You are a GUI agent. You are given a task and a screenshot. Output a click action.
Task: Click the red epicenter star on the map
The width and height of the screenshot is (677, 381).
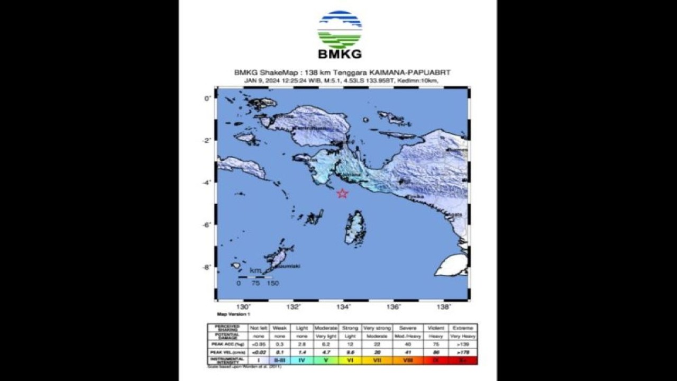(x=342, y=193)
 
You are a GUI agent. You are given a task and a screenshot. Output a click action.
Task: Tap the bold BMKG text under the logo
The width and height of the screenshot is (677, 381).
(x=340, y=54)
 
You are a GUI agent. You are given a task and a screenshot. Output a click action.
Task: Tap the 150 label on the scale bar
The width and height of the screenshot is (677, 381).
(x=272, y=283)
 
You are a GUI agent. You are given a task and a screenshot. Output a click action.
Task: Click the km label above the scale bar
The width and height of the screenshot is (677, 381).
(x=255, y=271)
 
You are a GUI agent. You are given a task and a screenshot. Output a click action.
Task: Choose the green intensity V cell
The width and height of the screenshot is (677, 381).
(x=325, y=360)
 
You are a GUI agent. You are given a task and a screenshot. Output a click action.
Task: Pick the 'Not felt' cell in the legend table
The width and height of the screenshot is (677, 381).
(x=258, y=328)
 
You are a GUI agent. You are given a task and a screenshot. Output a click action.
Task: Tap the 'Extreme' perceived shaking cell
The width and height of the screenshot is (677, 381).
(x=462, y=328)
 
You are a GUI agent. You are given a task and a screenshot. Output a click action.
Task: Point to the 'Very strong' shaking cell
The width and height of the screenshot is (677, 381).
(x=377, y=328)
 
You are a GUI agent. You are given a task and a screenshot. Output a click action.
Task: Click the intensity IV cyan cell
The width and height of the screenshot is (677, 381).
(x=301, y=360)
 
